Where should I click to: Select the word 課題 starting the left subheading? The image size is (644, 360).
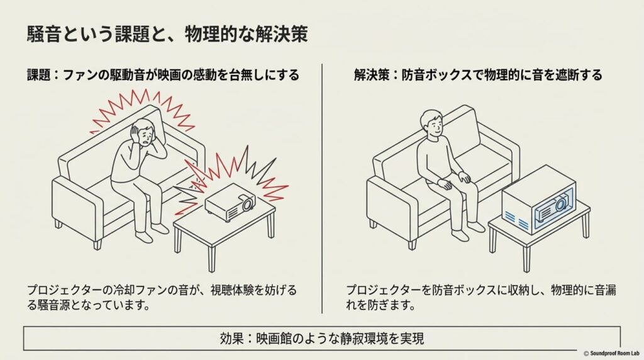coord(38,75)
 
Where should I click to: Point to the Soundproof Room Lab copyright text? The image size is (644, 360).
coord(611,354)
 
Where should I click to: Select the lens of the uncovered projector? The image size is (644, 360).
coord(247,204)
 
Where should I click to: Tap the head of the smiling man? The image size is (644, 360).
coord(432,124)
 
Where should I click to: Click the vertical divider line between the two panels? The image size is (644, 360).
coord(322,188)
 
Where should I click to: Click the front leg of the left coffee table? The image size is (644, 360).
coord(211,255)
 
